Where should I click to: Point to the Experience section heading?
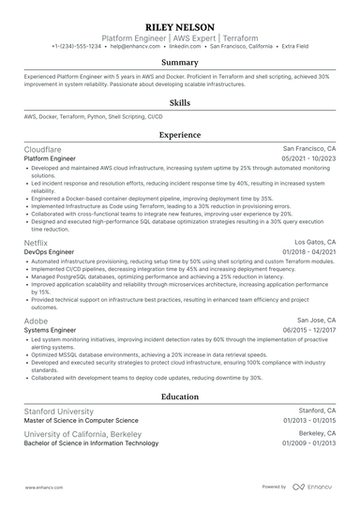pyautogui.click(x=180, y=135)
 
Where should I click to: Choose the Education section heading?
pyautogui.click(x=180, y=397)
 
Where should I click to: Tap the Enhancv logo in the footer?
pyautogui.click(x=317, y=487)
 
